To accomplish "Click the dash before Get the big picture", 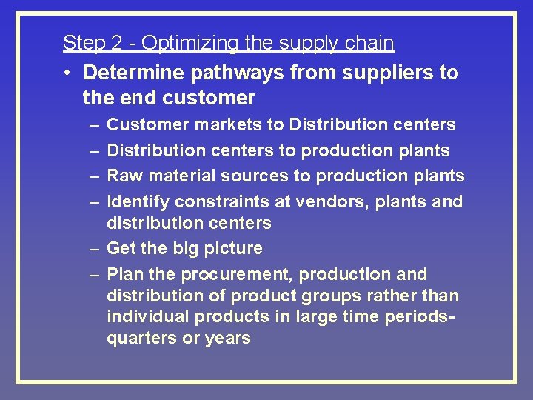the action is (95, 248).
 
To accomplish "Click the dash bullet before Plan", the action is (95, 274).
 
